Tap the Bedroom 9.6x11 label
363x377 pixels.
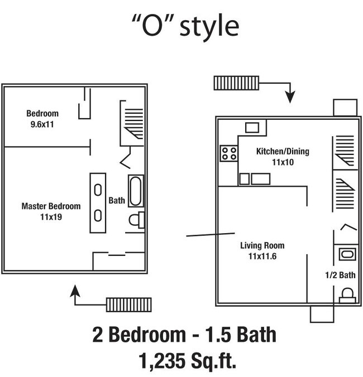point(42,119)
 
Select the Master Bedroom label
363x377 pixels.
point(51,206)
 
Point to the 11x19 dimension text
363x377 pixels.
point(50,216)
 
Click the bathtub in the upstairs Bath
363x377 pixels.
point(136,191)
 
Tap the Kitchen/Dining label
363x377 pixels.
point(283,151)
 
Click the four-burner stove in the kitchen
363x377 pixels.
point(228,153)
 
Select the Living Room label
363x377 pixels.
point(262,245)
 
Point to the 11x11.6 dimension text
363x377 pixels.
point(262,256)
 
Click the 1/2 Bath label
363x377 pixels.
point(340,275)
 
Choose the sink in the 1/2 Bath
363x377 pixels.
point(346,254)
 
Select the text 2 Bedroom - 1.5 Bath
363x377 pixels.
point(184,335)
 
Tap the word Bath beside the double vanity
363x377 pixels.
point(117,200)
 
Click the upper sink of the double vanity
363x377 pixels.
point(98,190)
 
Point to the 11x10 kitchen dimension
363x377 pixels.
point(283,162)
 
